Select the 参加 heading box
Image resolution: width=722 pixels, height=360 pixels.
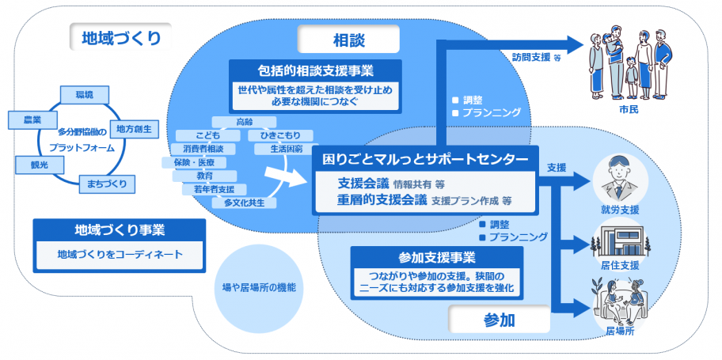click(500, 320)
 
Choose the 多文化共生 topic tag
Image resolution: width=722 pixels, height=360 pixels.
click(250, 203)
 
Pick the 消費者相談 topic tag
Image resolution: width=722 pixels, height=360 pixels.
click(203, 149)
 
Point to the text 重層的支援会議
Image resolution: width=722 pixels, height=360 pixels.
click(383, 200)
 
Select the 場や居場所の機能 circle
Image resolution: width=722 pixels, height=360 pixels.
click(260, 287)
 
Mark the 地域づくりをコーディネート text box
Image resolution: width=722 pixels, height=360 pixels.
click(120, 255)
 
